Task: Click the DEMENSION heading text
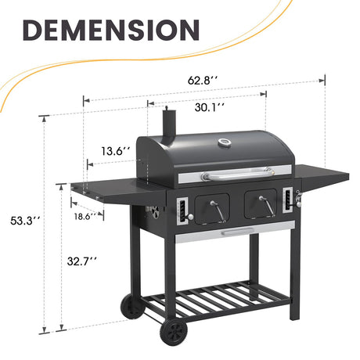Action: (110, 29)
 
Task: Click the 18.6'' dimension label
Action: (85, 215)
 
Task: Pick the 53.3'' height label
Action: (20, 221)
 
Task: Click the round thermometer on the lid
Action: (224, 144)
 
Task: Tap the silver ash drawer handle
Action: (236, 232)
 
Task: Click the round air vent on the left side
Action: (155, 212)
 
